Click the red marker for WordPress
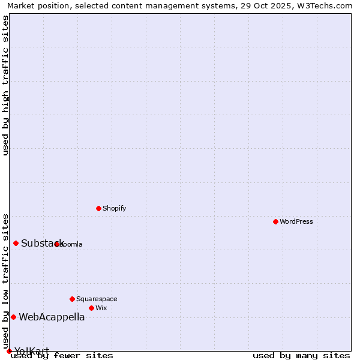275,221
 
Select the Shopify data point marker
98,208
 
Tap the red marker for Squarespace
72,299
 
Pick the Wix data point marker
91,308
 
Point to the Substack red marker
16,243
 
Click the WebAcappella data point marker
13,317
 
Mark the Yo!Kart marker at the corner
9,351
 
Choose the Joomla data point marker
56,244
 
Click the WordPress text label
296,221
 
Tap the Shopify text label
114,208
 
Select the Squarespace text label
97,299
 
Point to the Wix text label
101,308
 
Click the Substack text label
42,243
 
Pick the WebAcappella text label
52,317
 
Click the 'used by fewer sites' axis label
62,355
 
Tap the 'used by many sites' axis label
301,355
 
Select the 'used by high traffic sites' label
5,85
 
